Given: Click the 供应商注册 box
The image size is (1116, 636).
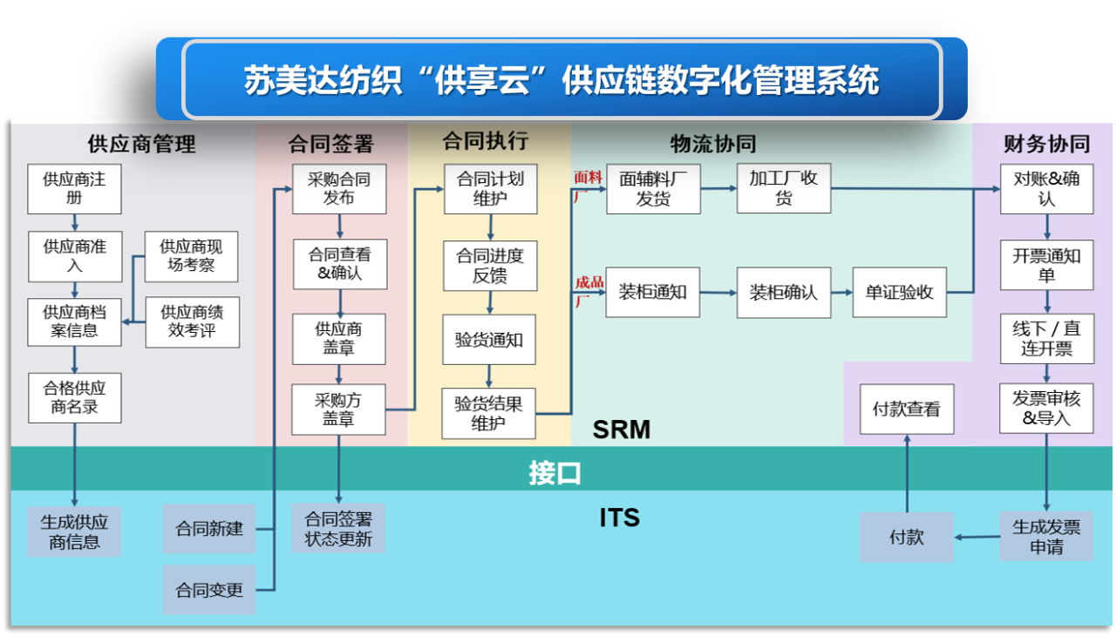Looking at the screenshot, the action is tap(74, 189).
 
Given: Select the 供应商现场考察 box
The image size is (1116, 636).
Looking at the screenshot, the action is tap(191, 256).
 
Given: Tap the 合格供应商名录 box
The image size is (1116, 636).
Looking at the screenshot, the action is tap(75, 397).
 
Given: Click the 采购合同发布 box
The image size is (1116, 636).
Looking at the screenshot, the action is tap(339, 189).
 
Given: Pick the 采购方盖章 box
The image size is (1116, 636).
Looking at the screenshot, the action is tap(338, 409).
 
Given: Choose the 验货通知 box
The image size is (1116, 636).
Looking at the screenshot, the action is tap(489, 340).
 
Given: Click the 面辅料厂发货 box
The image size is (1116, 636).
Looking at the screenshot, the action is tap(653, 189).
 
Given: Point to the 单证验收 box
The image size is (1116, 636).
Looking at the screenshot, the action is tap(899, 292).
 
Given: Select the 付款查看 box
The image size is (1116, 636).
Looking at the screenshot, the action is tap(907, 409).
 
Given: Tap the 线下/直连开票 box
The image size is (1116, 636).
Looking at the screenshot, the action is tap(1047, 338).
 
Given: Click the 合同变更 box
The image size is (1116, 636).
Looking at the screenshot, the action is tap(209, 590).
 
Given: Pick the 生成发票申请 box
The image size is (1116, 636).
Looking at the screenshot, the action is tap(1046, 537).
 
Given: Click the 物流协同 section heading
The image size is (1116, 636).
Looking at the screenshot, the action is tap(713, 144).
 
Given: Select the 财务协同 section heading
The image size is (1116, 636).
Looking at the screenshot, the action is tap(1047, 144).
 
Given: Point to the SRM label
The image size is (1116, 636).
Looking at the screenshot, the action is tap(622, 430).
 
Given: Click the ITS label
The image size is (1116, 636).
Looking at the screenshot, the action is tap(619, 518).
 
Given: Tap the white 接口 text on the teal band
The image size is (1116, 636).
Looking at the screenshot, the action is tap(555, 473).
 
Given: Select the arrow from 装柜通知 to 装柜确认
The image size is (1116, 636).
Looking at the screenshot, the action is tap(718, 293).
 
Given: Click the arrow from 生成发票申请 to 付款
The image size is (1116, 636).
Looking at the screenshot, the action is tap(977, 537).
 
